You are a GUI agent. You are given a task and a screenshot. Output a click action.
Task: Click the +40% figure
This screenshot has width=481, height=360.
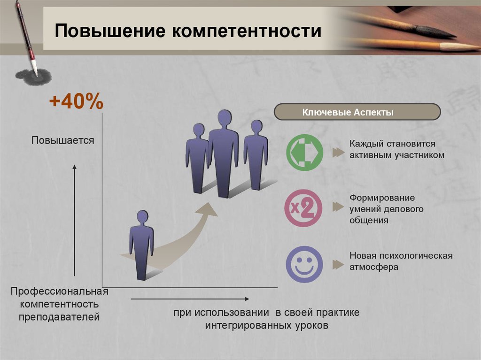[76, 101]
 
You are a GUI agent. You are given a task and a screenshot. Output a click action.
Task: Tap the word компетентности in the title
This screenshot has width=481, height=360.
[247, 31]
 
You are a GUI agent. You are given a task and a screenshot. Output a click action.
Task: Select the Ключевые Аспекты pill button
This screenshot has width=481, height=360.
[357, 112]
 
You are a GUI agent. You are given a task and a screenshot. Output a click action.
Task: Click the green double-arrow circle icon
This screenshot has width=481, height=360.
[304, 153]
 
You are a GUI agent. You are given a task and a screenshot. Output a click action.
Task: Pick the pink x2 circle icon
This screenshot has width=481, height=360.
[303, 208]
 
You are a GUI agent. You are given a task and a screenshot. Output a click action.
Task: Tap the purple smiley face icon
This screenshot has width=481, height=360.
[304, 264]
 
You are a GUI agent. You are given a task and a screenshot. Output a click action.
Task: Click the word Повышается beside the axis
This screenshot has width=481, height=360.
[62, 140]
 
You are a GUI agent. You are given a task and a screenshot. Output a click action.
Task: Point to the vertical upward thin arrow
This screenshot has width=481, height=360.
[74, 220]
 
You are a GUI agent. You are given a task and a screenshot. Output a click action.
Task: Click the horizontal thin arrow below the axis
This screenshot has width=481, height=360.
[190, 299]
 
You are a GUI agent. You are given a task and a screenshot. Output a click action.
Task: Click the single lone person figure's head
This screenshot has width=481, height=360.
[142, 217]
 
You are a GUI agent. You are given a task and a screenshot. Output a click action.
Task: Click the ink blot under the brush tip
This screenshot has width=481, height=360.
[33, 77]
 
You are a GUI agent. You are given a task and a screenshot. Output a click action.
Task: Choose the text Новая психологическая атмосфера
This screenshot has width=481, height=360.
[401, 261]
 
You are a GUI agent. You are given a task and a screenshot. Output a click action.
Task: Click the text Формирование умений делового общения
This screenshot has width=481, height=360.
[386, 209]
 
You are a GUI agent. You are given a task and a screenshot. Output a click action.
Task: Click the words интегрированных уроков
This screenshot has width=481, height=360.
[267, 325]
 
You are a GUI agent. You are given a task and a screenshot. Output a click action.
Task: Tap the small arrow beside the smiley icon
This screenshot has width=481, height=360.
[338, 264]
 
